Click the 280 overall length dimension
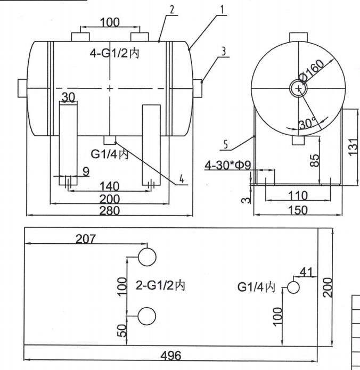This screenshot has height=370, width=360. [x=109, y=210]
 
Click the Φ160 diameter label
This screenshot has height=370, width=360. [x=313, y=71]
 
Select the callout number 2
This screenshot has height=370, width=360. [x=171, y=10]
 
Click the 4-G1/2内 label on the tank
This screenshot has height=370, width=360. [x=114, y=53]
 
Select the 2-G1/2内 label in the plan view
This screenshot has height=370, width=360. [x=159, y=286]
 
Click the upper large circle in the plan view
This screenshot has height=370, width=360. [x=147, y=257]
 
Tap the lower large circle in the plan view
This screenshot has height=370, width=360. [x=147, y=316]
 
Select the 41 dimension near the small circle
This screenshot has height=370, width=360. [x=306, y=272]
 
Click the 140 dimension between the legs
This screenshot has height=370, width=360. [x=109, y=186]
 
